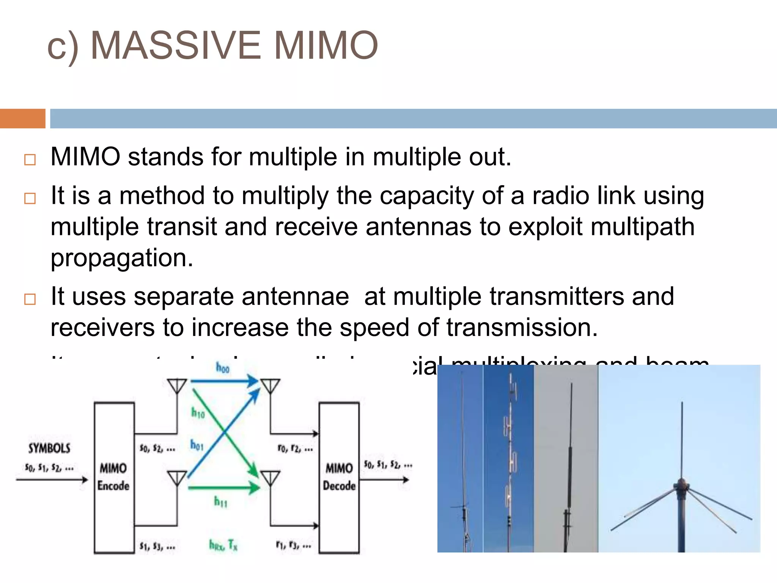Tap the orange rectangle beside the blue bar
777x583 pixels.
coord(22,118)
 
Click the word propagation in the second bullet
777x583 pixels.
coord(122,258)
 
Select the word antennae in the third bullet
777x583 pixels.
coord(295,296)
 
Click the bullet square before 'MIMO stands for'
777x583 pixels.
coord(30,159)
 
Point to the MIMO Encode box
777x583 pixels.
coord(114,477)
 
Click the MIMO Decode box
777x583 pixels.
coord(339,477)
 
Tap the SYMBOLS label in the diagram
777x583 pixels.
coord(49,449)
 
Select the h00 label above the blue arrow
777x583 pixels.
coord(222,367)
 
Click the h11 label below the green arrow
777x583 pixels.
coord(220,502)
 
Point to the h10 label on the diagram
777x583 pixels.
coord(198,412)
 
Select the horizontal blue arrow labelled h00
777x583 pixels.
coord(224,381)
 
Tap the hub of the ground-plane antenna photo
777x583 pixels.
coord(681,486)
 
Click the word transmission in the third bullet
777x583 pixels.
coord(522,328)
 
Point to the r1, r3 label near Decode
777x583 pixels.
coord(294,546)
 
